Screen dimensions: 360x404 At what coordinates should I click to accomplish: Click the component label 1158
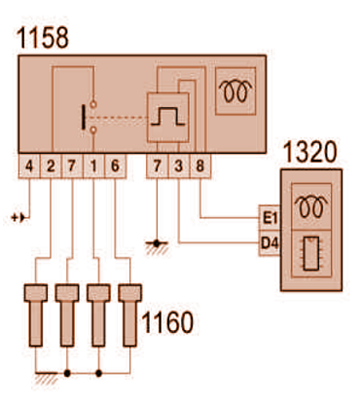tap(43, 38)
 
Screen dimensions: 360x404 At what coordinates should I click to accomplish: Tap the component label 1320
tap(310, 152)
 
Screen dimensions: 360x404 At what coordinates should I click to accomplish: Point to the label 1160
tap(167, 322)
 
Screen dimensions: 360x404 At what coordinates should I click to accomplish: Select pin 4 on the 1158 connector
tap(29, 166)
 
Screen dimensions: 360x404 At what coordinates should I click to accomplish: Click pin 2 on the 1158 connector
tap(51, 166)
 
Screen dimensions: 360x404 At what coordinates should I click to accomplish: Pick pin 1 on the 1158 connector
tap(93, 166)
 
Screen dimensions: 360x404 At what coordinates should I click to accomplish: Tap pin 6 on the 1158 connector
tap(115, 166)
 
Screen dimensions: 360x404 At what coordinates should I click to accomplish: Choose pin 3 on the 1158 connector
tap(179, 166)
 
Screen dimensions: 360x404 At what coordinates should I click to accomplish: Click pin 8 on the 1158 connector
tap(200, 166)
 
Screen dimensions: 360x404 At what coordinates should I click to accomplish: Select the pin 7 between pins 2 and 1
tap(72, 166)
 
